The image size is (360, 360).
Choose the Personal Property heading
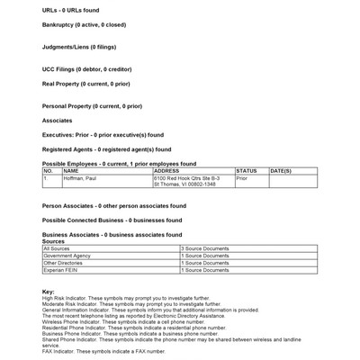click(x=92, y=106)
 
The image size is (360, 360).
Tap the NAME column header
click(x=71, y=170)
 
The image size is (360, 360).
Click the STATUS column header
click(x=246, y=170)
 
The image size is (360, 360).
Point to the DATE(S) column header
click(x=280, y=170)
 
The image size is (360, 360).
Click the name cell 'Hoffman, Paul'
click(x=80, y=178)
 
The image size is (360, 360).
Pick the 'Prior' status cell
click(x=242, y=178)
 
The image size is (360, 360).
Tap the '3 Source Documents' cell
click(x=206, y=247)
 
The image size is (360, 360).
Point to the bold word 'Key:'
click(x=49, y=292)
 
